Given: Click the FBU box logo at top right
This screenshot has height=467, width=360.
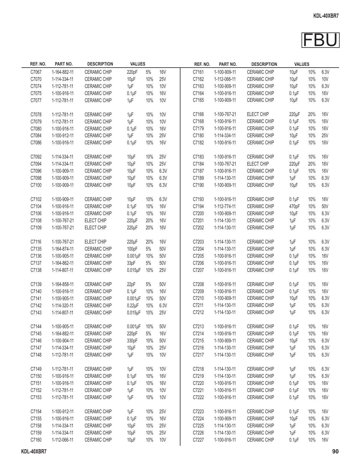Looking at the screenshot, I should (x=320, y=40).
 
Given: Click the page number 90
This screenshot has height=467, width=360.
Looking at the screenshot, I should (x=335, y=451).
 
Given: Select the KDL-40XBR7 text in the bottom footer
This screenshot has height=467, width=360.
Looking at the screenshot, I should (x=34, y=452).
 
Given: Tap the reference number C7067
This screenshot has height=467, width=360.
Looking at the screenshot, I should (x=36, y=72).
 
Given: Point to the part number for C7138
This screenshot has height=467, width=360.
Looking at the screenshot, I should (x=63, y=270).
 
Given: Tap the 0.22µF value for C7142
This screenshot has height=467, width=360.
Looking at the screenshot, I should (x=133, y=306).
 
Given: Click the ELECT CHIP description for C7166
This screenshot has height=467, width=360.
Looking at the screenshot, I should (x=258, y=114).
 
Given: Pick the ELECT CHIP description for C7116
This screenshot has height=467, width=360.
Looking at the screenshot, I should (x=95, y=242).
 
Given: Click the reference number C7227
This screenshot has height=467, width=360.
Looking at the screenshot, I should (x=198, y=440).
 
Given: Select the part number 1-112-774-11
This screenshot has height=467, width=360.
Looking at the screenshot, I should (x=225, y=206).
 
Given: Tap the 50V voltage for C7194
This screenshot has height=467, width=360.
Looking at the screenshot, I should (x=325, y=206).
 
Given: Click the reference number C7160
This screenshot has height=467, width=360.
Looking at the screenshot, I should (x=36, y=440).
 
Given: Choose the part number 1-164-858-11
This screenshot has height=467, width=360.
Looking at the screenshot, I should (x=63, y=284).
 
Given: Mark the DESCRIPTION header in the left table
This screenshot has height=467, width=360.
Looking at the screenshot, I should (x=100, y=64).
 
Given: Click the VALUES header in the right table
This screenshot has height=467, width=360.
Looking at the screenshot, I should (x=302, y=64).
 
